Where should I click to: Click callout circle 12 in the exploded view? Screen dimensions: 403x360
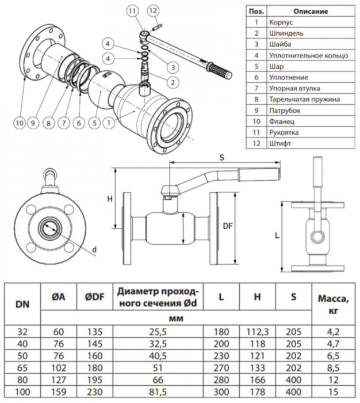[x=152, y=11]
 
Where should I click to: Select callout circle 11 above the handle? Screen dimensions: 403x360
[x=133, y=11]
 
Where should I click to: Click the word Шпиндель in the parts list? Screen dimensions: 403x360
[x=283, y=33]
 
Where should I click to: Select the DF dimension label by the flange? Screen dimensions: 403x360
[x=226, y=227]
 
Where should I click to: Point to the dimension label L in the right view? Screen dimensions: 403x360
[x=278, y=236]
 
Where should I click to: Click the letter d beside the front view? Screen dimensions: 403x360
[x=94, y=249]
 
